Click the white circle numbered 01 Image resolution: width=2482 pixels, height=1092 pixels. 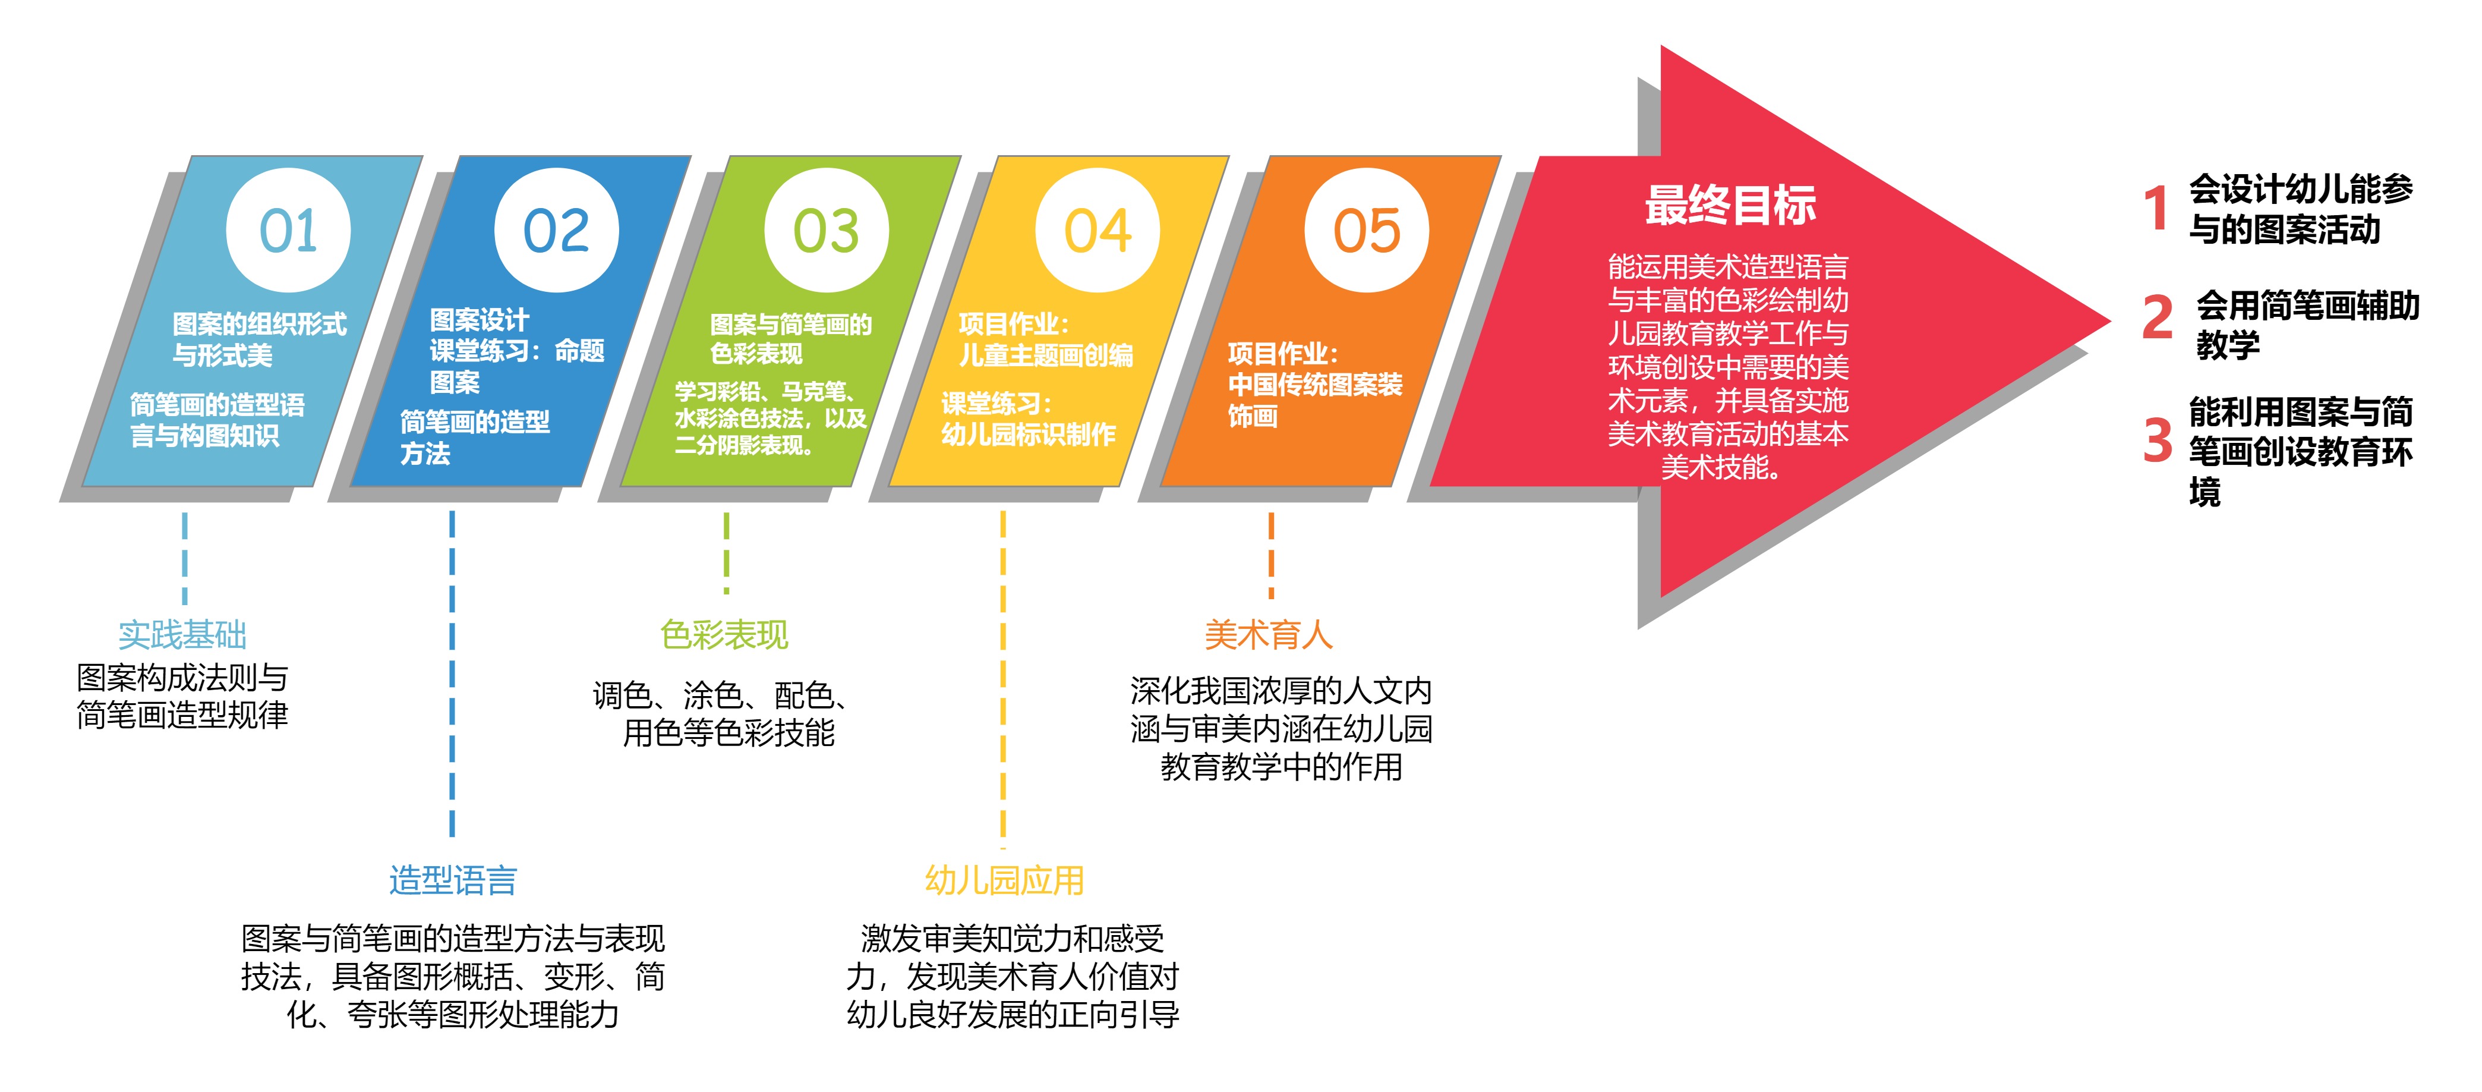tap(288, 231)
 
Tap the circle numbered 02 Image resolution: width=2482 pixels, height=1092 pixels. tap(556, 231)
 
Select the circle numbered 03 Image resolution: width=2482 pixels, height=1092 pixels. tap(826, 231)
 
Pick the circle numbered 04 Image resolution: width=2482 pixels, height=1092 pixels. tap(1096, 231)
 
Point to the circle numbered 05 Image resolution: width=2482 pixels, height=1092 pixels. tap(1366, 231)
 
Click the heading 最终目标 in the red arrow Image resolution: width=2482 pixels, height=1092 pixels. tap(1730, 204)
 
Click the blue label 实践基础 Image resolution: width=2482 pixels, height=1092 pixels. tap(182, 634)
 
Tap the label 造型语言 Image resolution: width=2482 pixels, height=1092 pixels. tap(453, 880)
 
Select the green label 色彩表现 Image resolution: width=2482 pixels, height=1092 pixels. tap(724, 634)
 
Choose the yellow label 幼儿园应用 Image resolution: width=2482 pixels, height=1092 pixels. tap(1004, 880)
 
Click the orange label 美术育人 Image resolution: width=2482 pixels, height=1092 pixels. tap(1269, 634)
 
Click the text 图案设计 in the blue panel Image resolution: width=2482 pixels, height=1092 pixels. tap(479, 319)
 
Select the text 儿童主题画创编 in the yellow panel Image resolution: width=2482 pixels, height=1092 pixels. tap(1045, 355)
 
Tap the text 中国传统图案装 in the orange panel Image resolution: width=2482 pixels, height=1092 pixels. tap(1315, 385)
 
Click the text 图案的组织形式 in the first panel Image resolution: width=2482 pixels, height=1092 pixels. tap(259, 324)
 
